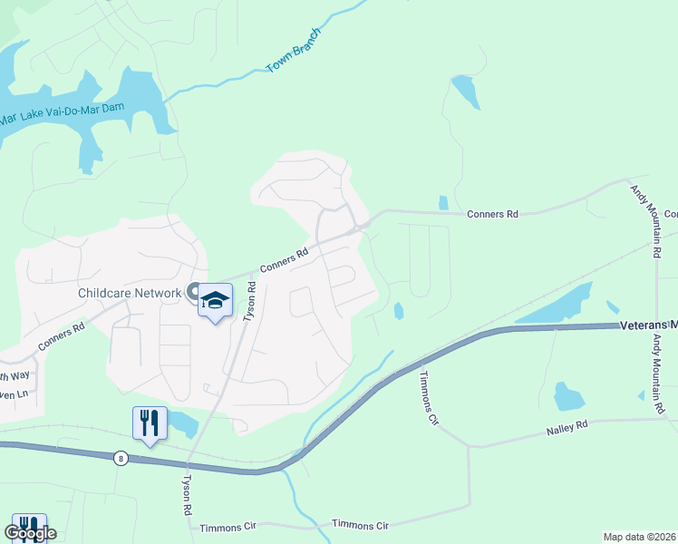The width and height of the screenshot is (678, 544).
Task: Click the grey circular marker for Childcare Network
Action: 193,291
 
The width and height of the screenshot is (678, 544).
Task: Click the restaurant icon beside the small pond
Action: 150,423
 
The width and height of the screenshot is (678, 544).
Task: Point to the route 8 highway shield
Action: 121,458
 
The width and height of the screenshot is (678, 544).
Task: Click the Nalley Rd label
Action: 568,424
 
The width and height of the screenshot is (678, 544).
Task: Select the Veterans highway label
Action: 648,325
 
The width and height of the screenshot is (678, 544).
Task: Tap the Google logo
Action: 29,533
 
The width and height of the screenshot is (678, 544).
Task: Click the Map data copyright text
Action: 638,537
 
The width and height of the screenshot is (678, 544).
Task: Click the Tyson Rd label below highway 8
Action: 188,495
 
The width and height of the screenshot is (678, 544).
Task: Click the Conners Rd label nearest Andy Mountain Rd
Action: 492,215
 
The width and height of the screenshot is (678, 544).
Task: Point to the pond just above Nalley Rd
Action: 568,396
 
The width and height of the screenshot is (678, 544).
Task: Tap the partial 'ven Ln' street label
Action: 15,394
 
